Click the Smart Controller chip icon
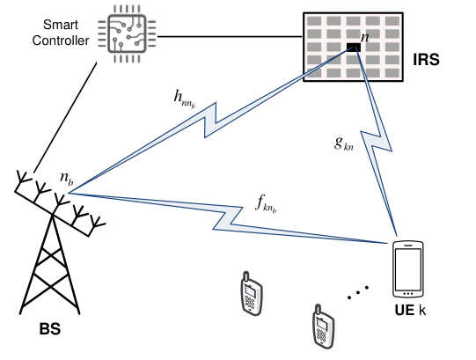pyautogui.click(x=127, y=33)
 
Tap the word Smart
pyautogui.click(x=61, y=25)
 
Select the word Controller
pyautogui.click(x=61, y=40)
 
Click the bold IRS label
pyautogui.click(x=426, y=60)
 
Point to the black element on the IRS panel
pyautogui.click(x=354, y=47)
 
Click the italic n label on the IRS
pyautogui.click(x=365, y=37)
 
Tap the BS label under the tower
pyautogui.click(x=50, y=328)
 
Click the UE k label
pyautogui.click(x=410, y=310)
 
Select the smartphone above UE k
pyautogui.click(x=408, y=269)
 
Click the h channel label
pyautogui.click(x=184, y=98)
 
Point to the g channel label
pyautogui.click(x=344, y=143)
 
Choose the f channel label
pyautogui.click(x=266, y=203)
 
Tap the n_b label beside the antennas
pyautogui.click(x=67, y=178)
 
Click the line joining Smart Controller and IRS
pyautogui.click(x=231, y=37)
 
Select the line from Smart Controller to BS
pyautogui.click(x=65, y=117)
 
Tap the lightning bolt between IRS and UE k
pyautogui.click(x=376, y=141)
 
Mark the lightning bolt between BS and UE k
pyautogui.click(x=228, y=217)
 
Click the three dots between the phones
pyautogui.click(x=358, y=292)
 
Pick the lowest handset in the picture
pyautogui.click(x=323, y=327)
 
